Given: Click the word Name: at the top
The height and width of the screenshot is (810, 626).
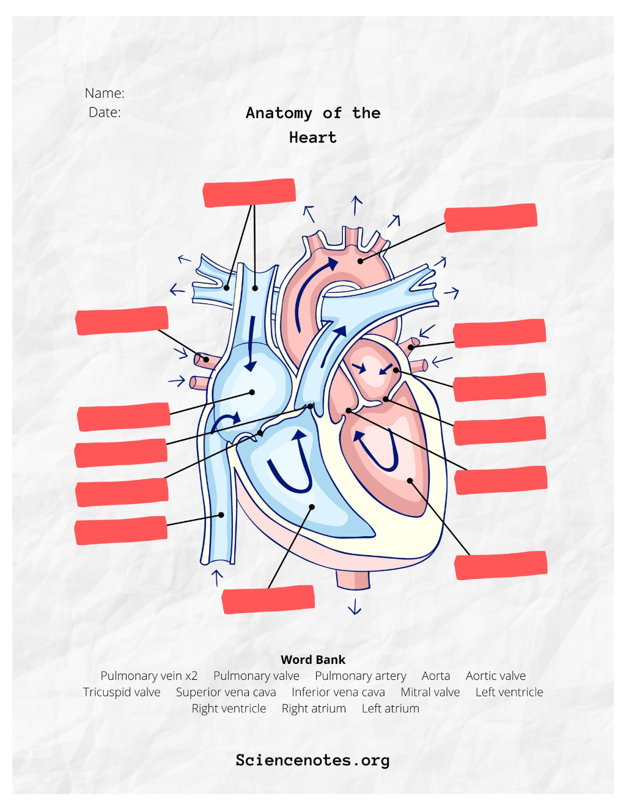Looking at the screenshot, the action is pyautogui.click(x=105, y=93).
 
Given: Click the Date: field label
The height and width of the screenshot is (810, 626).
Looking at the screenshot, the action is pyautogui.click(x=105, y=112).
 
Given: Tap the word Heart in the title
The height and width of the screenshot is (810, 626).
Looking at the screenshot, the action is pyautogui.click(x=313, y=138).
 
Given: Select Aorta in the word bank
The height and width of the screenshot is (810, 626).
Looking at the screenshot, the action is pyautogui.click(x=436, y=676).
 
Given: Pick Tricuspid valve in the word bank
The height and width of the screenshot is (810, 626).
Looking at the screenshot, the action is pyautogui.click(x=122, y=692).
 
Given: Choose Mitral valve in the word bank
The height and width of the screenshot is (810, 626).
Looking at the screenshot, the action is pyautogui.click(x=430, y=692).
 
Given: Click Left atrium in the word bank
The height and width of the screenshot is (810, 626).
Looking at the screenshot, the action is pyautogui.click(x=391, y=709).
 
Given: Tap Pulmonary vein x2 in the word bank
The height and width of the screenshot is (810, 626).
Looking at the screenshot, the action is pyautogui.click(x=149, y=676).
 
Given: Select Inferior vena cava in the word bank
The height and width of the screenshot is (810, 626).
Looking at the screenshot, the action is pyautogui.click(x=338, y=692).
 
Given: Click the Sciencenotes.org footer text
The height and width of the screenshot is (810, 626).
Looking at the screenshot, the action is pyautogui.click(x=313, y=760).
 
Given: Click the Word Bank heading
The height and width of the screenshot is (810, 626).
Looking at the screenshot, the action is pyautogui.click(x=313, y=660).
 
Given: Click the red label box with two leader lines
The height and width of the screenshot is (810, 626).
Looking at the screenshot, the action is pyautogui.click(x=249, y=193).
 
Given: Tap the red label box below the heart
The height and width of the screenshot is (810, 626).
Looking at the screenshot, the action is pyautogui.click(x=268, y=599).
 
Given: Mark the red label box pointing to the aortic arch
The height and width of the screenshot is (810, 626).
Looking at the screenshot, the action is pyautogui.click(x=491, y=218).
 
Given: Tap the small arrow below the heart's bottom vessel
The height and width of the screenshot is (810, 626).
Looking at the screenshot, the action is pyautogui.click(x=355, y=606).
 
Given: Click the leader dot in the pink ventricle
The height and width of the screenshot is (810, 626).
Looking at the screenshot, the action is pyautogui.click(x=410, y=481).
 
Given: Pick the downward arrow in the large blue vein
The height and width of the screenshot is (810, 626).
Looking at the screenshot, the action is pyautogui.click(x=252, y=343).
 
